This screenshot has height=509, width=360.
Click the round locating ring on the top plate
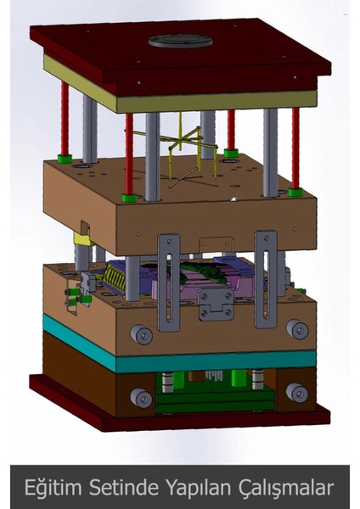180,40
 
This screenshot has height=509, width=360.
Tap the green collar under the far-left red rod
65,158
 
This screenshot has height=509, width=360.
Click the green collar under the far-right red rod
295,193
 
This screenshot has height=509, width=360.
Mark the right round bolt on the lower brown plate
295,329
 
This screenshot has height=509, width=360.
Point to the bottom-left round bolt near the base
138,397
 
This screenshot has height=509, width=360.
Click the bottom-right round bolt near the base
296,392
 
